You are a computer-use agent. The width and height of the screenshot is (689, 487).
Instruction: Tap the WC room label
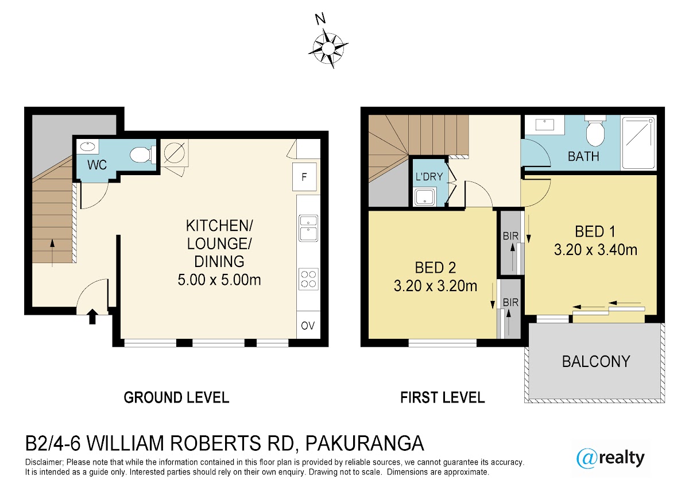[x=97, y=165]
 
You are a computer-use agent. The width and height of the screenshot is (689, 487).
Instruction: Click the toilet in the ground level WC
[x=142, y=154]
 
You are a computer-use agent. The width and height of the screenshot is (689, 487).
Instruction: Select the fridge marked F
[x=304, y=177]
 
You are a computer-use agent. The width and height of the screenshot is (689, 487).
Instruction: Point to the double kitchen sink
[x=308, y=228]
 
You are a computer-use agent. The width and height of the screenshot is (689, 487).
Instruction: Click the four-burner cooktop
[x=308, y=279]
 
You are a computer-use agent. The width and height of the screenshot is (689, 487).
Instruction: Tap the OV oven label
[x=308, y=326]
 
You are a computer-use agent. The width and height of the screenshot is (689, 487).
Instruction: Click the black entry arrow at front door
[x=92, y=316]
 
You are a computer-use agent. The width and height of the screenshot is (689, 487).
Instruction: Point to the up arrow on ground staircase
[x=52, y=253]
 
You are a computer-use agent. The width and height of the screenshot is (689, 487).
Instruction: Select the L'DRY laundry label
[x=429, y=176]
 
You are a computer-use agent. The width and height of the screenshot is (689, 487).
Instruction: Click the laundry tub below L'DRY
[x=425, y=197]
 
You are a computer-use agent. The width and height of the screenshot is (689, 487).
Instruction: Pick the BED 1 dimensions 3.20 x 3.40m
[x=595, y=250]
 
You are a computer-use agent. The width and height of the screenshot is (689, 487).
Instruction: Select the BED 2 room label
[x=435, y=268]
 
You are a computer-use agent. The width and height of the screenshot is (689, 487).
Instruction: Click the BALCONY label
[x=596, y=361]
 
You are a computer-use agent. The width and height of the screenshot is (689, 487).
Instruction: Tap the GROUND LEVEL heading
[x=176, y=397]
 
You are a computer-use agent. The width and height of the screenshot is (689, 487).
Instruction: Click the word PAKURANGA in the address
[x=365, y=443]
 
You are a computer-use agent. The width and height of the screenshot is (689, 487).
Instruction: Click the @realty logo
[x=610, y=458]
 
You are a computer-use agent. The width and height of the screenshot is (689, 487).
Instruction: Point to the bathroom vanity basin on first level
[x=544, y=125]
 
